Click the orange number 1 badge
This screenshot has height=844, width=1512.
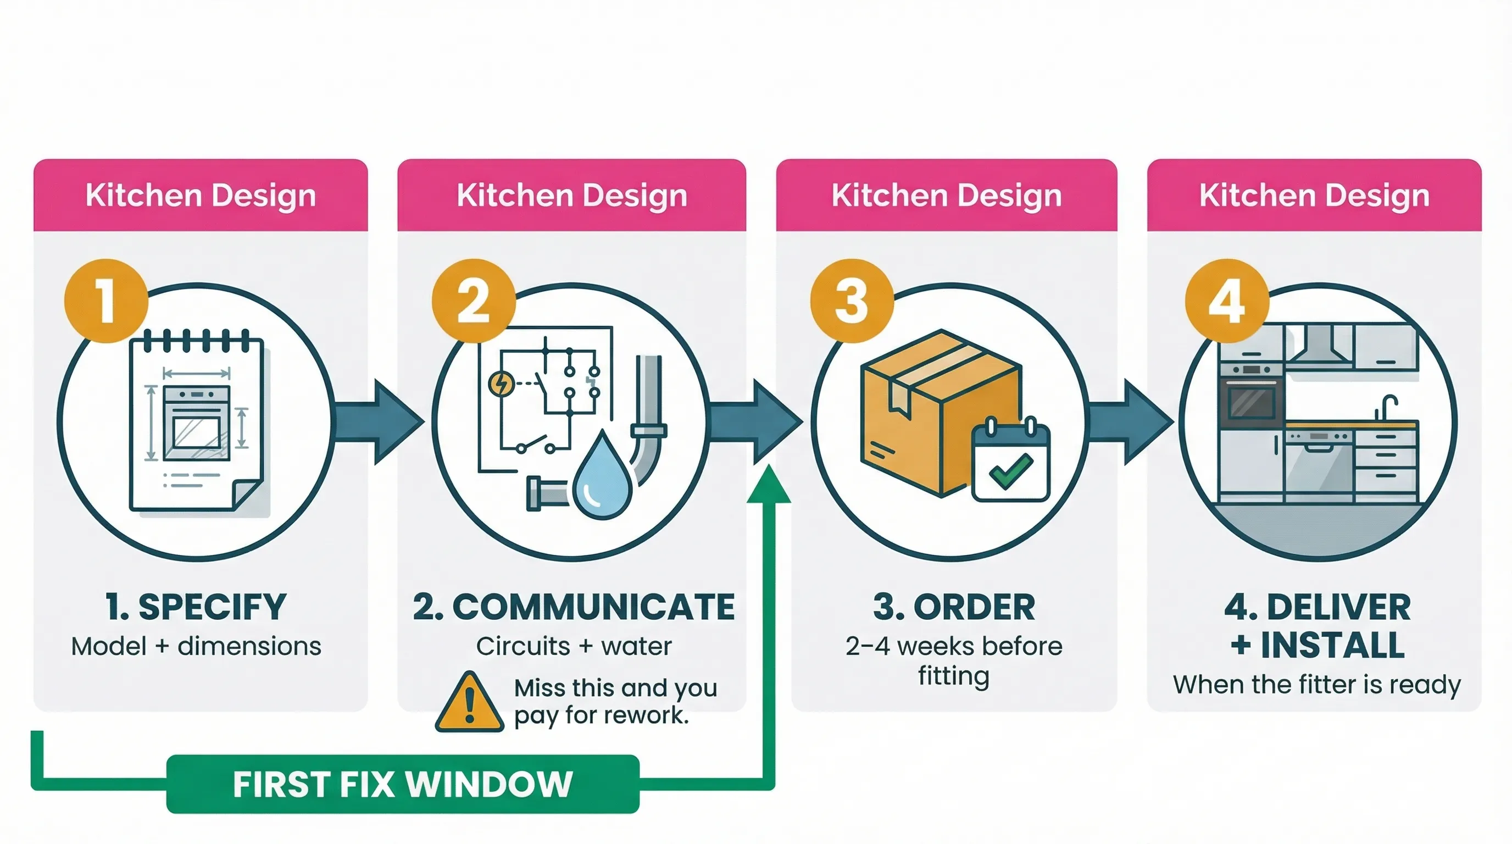106,301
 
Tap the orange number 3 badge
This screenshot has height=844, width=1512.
852,301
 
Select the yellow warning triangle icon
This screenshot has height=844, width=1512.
469,703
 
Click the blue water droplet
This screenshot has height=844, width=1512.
603,476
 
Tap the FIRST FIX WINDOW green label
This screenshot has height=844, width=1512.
403,784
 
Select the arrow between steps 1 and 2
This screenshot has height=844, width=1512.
381,421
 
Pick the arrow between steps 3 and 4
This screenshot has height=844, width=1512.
1133,421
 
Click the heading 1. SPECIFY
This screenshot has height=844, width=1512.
196,607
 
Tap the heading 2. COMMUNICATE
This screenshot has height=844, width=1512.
574,607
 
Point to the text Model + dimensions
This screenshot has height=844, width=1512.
196,646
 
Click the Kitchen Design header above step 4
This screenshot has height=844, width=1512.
1314,196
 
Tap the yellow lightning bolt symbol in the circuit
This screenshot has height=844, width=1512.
501,384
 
